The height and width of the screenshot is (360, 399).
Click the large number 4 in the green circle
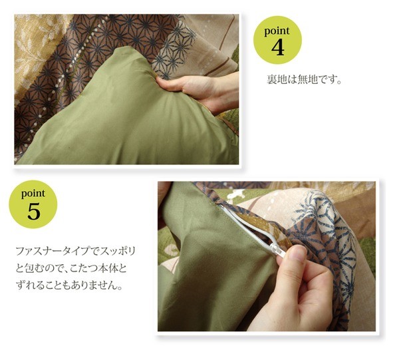tap(277, 47)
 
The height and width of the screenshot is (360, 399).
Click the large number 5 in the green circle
tap(34, 212)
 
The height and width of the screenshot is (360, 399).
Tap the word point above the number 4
tap(277, 31)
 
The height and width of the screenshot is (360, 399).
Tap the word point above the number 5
tap(33, 194)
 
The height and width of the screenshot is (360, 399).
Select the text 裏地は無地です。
tap(304, 80)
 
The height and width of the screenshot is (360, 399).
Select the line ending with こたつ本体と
tap(71, 269)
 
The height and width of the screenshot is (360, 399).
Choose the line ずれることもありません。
tap(69, 286)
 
